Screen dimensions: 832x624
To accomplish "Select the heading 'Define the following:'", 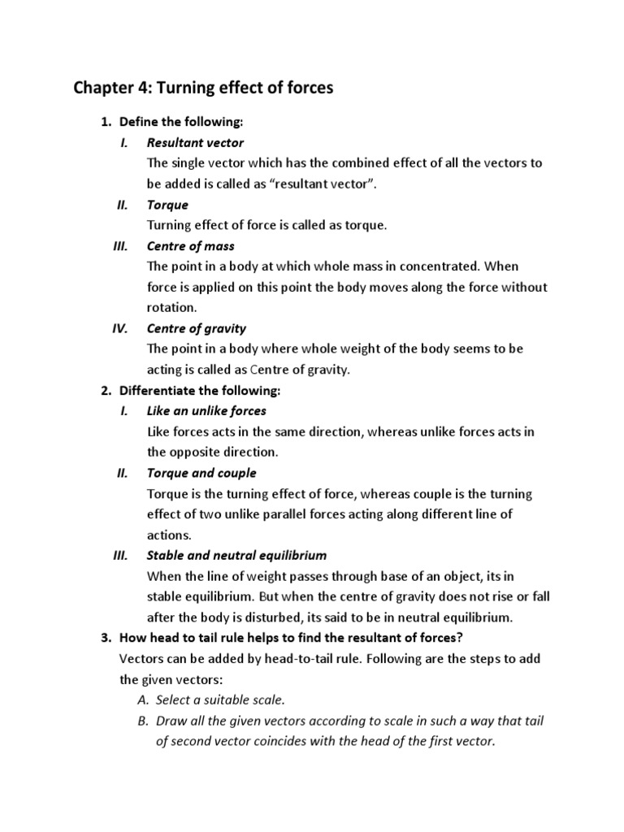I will pos(181,122).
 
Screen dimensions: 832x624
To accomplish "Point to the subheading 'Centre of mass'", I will pos(191,245).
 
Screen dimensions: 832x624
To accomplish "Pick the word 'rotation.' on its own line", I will pos(172,308).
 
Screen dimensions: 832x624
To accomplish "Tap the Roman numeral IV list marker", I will pos(118,328).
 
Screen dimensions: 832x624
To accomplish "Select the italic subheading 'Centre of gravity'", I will pos(197,328).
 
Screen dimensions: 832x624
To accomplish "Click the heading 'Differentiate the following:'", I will pos(199,390).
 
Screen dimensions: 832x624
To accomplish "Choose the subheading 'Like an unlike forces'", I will pos(206,410).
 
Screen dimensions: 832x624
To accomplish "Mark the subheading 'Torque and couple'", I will pos(201,473).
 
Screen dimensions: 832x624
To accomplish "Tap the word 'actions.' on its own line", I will pos(169,535).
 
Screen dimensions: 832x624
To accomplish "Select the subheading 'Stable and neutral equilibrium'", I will pos(236,556).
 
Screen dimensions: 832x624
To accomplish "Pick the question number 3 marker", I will pos(106,638).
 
